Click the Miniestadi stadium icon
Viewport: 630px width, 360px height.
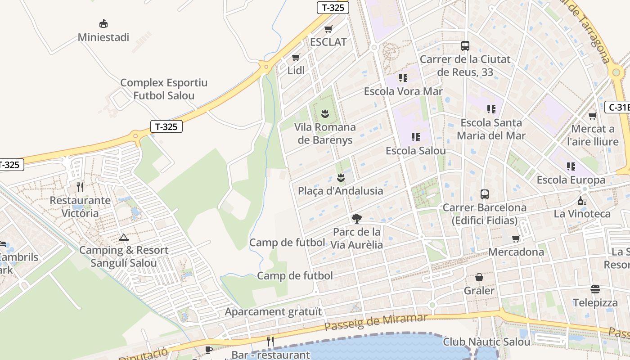tap(103, 23)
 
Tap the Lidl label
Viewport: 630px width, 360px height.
tap(296, 70)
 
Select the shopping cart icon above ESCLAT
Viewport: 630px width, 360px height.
tap(328, 29)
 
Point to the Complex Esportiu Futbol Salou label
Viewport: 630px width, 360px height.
tap(164, 89)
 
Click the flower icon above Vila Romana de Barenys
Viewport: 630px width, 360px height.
tap(325, 114)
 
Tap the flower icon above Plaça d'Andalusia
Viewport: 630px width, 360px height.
tap(341, 178)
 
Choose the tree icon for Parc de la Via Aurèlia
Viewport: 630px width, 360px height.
tap(357, 219)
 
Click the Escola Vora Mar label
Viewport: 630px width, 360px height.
tap(403, 91)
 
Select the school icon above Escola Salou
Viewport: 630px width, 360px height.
tap(416, 137)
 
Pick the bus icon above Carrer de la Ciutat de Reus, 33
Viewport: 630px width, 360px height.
tap(465, 46)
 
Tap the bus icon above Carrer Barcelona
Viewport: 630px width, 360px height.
tap(485, 194)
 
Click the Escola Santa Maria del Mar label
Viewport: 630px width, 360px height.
tap(491, 129)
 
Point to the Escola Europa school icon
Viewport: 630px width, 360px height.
tap(571, 167)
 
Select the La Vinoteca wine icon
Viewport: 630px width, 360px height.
tap(582, 201)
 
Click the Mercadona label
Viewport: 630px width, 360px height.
tap(516, 252)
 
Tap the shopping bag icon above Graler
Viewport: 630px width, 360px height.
tap(479, 278)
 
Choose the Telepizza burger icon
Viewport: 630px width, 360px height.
tap(595, 289)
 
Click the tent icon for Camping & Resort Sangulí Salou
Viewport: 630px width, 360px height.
tap(124, 237)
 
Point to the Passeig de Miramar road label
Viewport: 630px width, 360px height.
tap(376, 322)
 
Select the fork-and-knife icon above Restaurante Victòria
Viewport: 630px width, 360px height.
tap(80, 187)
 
